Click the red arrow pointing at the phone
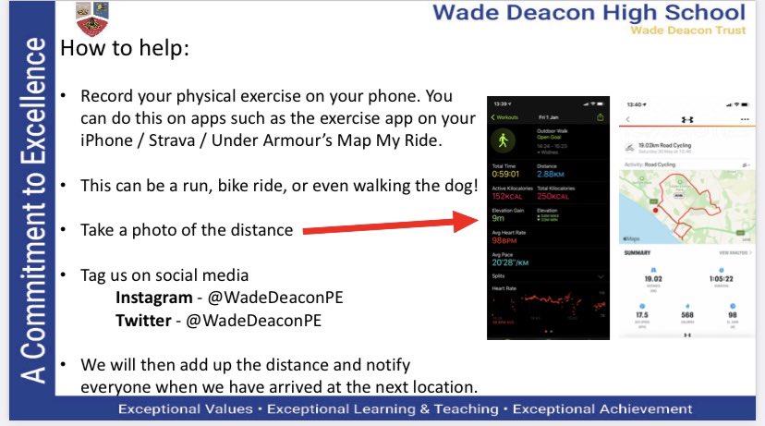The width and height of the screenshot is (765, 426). [388, 229]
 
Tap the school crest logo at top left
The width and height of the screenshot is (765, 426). [91, 19]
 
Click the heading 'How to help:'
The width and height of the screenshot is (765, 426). [125, 49]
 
